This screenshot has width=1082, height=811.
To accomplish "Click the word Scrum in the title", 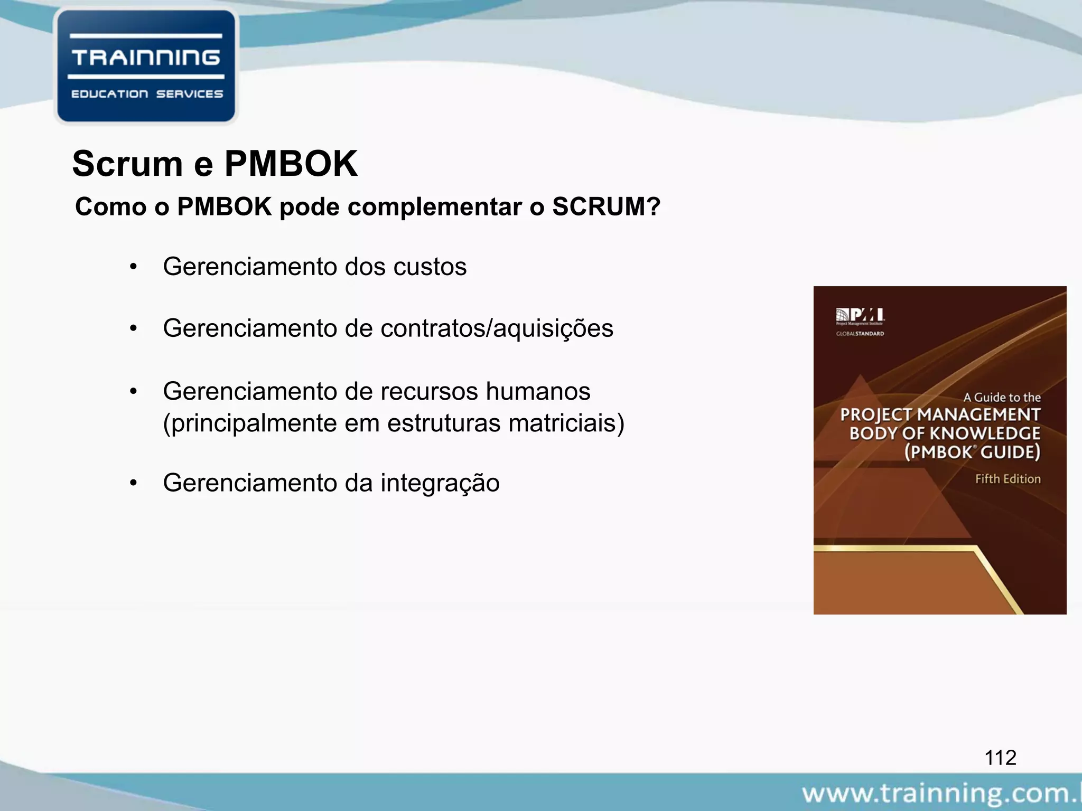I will pos(127,164).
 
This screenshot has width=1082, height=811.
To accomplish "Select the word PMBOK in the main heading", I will pos(291,164).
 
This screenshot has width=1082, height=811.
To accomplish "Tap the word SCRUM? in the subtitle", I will pos(607,206).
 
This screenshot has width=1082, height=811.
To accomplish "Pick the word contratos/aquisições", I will pos(497,328).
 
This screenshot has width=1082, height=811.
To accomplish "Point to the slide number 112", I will pos(1000,758).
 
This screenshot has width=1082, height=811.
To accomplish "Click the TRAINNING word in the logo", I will pos(146,58).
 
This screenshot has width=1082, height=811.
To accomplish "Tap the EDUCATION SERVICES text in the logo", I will pos(147,94).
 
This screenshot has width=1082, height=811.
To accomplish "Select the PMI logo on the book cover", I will pos(860,315).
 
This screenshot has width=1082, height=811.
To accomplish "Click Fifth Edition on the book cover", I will pos(1008,479).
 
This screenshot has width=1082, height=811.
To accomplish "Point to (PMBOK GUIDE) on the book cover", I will pos(972,452).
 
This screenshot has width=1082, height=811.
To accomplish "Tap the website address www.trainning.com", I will pos(940,794).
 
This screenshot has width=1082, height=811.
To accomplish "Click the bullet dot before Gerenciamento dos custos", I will pos(134,267).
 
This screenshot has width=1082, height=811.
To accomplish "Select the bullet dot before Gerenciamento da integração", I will pos(134,483).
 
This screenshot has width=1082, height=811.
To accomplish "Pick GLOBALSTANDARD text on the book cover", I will pos(860,334).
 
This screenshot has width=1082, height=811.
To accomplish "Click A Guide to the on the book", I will pos(1002,398).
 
